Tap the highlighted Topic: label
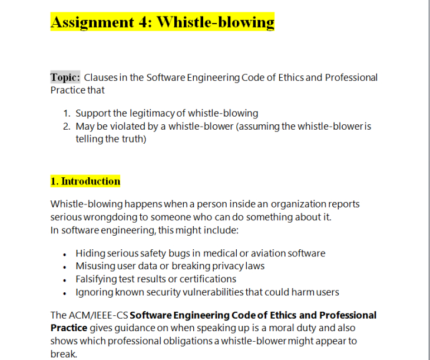[x=65, y=77]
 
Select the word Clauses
[x=101, y=78]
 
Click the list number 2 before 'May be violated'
[x=67, y=126]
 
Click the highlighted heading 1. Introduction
[x=85, y=181]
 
